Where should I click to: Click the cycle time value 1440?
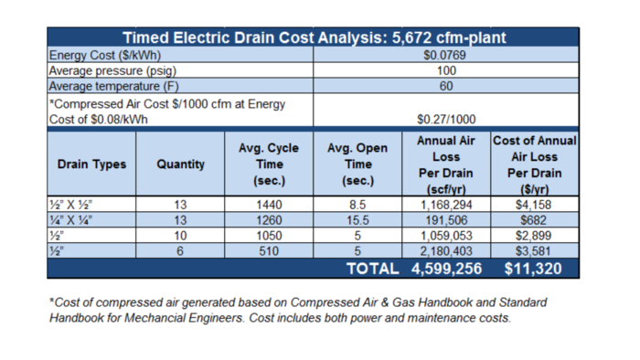269,206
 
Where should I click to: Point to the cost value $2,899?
535,237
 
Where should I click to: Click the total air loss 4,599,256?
445,270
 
